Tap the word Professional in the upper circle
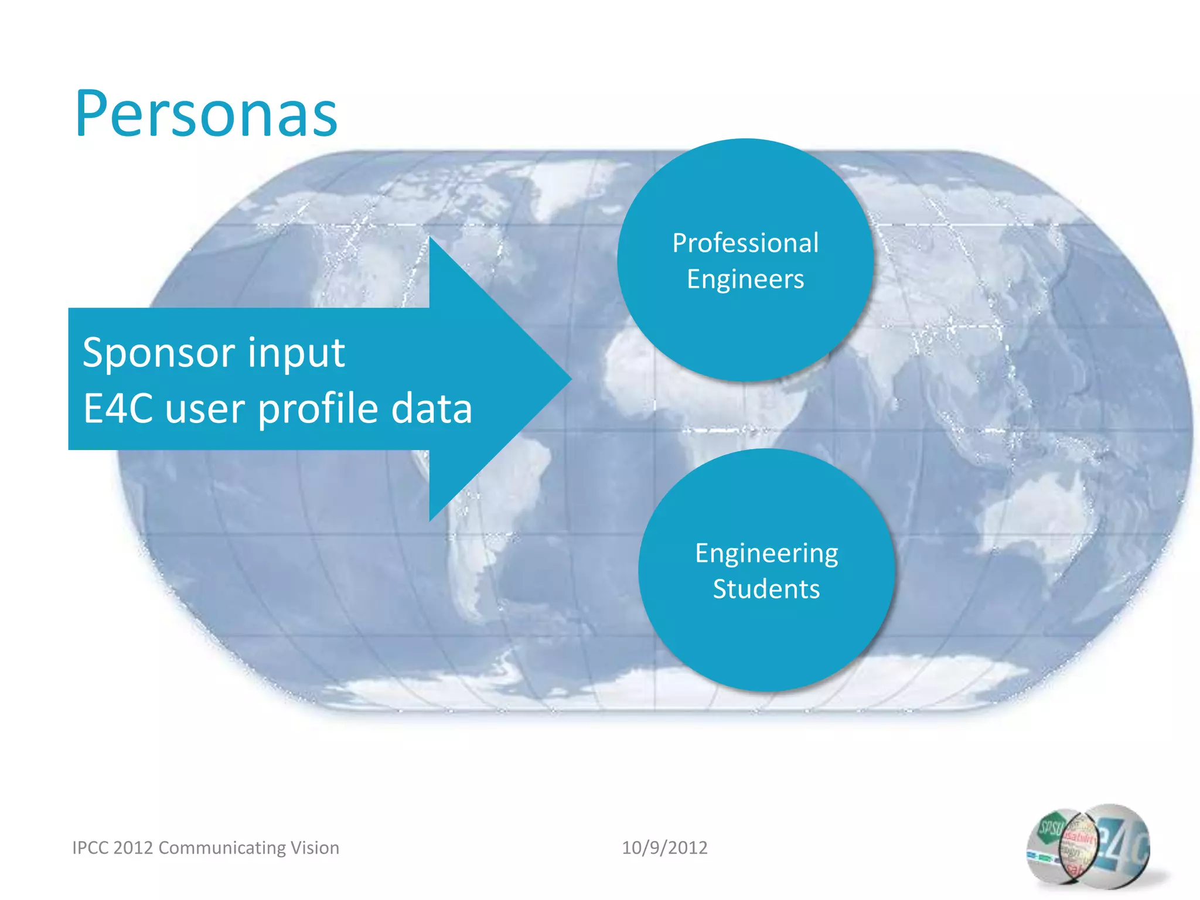click(x=745, y=243)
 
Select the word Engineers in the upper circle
click(x=745, y=279)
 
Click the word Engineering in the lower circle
click(x=766, y=554)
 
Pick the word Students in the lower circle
click(x=766, y=589)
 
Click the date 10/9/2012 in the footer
click(x=664, y=848)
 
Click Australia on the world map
click(x=1037, y=516)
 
